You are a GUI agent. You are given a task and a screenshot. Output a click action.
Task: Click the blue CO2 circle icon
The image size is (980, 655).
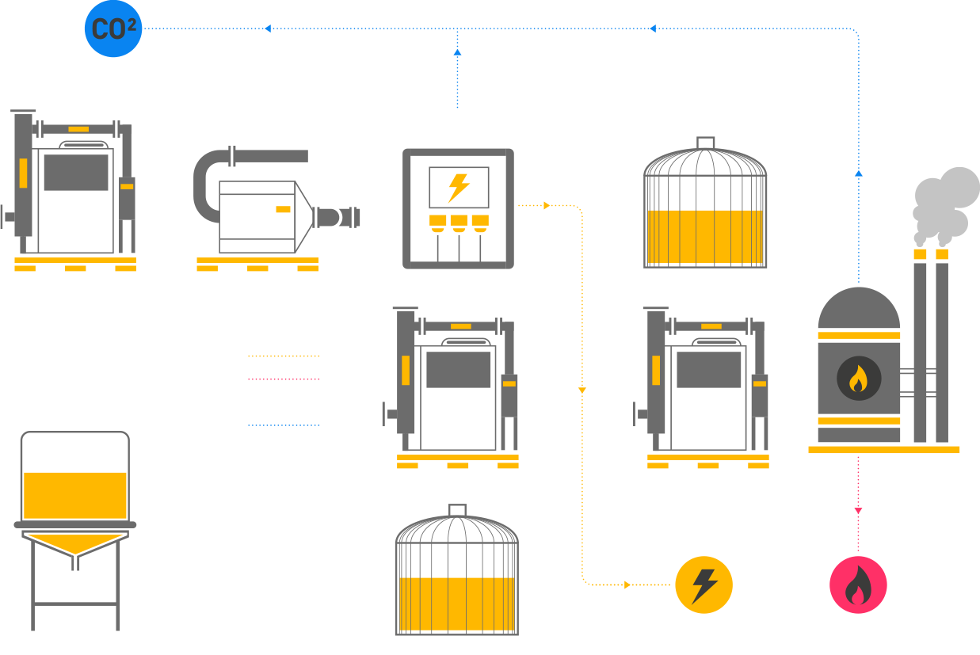(113, 29)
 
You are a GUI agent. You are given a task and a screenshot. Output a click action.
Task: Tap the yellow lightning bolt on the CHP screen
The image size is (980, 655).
(458, 188)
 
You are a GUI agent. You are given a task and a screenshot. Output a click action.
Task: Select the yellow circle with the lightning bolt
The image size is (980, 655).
(704, 585)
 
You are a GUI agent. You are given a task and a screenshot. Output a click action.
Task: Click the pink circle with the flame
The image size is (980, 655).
(858, 585)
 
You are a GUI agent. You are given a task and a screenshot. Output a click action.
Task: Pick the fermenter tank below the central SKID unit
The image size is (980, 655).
(456, 572)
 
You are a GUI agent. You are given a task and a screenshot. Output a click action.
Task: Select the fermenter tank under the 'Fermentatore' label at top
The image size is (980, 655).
(704, 204)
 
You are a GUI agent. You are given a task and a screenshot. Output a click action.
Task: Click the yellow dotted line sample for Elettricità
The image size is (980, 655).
(284, 356)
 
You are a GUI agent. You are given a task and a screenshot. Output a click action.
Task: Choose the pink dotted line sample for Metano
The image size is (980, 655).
(284, 379)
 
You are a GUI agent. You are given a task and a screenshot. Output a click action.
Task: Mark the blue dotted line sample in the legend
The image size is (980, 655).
(284, 425)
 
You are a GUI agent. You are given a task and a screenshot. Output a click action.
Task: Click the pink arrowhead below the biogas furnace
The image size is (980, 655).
(858, 512)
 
